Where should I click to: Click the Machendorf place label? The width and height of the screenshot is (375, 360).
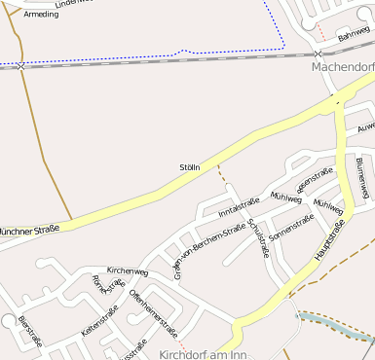click(x=343, y=67)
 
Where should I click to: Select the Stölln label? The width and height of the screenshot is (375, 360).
click(x=189, y=167)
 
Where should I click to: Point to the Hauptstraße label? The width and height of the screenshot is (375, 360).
click(x=330, y=239)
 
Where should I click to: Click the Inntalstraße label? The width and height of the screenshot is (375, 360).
click(x=239, y=205)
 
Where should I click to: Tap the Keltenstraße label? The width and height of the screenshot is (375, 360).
click(x=100, y=321)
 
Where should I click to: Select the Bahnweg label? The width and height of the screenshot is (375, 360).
click(x=355, y=34)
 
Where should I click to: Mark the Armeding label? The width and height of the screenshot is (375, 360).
click(x=41, y=14)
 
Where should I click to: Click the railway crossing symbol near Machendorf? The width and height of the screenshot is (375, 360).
click(x=319, y=54)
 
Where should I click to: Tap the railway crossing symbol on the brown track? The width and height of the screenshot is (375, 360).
click(x=20, y=66)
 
